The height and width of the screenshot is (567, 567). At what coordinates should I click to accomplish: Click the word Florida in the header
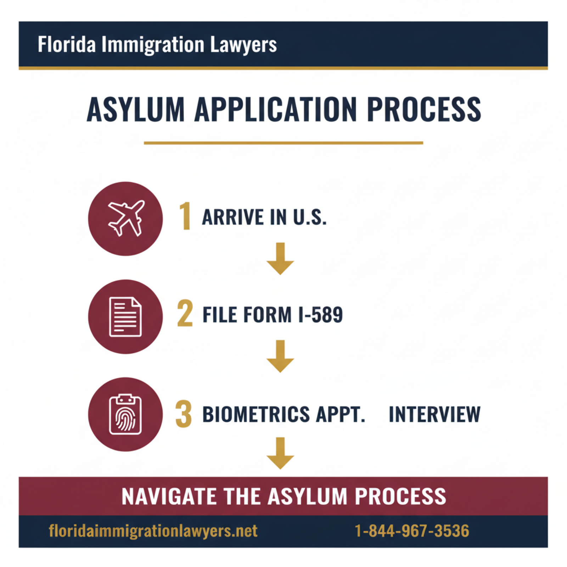click(67, 45)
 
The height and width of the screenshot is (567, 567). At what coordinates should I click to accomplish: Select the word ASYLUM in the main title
click(136, 110)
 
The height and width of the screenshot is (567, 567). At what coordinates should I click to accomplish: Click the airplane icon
click(126, 218)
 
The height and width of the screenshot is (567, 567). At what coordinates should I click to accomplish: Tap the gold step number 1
click(185, 216)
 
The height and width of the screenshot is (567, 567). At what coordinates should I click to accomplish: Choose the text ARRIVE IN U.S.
click(264, 217)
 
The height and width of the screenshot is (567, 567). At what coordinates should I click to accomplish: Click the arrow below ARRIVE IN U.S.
click(280, 258)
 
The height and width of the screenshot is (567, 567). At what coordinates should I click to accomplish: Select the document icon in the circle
click(125, 316)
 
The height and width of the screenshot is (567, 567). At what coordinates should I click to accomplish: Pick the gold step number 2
click(185, 314)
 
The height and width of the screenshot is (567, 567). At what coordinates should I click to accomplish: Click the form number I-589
click(320, 315)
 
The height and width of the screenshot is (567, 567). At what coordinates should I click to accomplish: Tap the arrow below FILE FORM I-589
click(280, 356)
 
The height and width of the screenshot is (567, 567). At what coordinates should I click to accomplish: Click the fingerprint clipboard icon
click(125, 414)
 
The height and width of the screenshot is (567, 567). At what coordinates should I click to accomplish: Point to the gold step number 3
click(184, 414)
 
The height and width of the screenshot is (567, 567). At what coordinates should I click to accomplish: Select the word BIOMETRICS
click(256, 414)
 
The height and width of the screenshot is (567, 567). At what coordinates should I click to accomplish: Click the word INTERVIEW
click(434, 414)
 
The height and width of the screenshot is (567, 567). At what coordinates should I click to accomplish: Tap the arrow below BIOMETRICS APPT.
click(280, 453)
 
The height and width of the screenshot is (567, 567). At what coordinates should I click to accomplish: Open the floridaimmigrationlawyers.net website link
click(153, 531)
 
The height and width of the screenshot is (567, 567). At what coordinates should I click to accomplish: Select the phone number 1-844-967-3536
click(412, 531)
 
